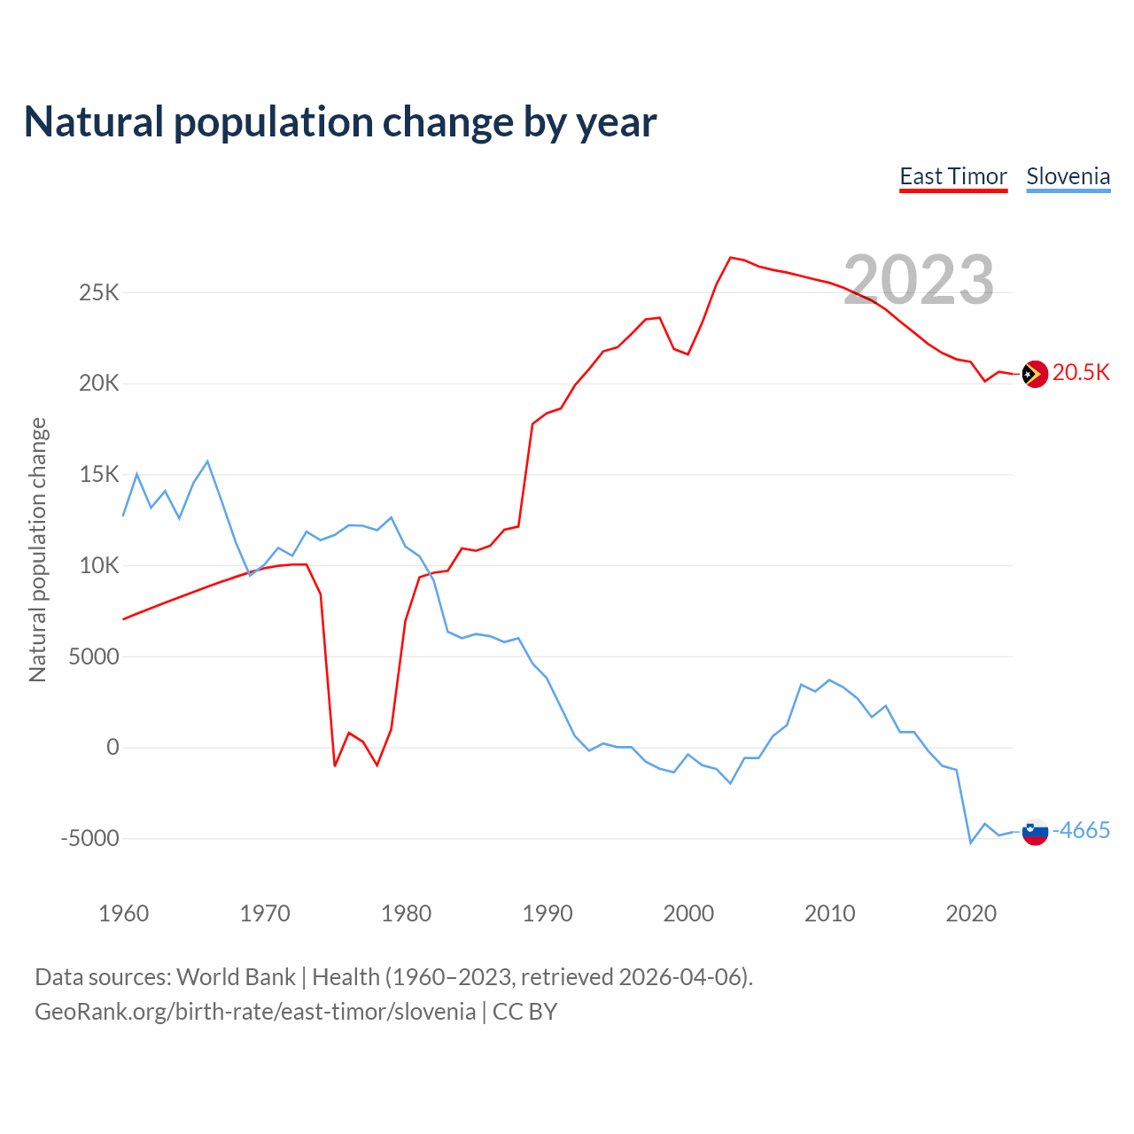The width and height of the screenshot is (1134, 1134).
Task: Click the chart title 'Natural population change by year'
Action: pos(340,122)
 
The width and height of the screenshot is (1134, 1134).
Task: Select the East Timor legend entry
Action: pos(953,177)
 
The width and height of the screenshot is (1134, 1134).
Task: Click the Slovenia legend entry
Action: pos(1068,177)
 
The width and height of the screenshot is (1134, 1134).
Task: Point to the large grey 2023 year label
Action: pos(919,280)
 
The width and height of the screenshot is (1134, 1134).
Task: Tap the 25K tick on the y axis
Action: pos(98,292)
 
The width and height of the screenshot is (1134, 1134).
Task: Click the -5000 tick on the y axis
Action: pos(89,838)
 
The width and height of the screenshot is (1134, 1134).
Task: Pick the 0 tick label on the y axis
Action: pos(113,747)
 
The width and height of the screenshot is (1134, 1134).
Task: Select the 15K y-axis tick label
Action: pos(98,475)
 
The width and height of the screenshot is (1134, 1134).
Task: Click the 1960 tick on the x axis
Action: pos(124,913)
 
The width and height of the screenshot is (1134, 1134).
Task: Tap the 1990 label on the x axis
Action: pos(548,913)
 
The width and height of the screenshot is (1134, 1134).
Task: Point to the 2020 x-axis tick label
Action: pos(971,913)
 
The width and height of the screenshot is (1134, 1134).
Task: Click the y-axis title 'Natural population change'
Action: pos(38,549)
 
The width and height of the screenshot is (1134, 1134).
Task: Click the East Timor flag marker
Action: pos(1035,374)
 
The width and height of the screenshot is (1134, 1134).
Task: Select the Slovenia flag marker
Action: pos(1035,832)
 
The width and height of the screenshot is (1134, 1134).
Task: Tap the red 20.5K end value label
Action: pos(1081,372)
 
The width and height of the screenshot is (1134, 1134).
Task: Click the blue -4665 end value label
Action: pos(1081,830)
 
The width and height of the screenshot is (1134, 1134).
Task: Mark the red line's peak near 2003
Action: pos(731,258)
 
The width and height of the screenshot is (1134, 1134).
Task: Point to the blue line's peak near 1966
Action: pos(207,462)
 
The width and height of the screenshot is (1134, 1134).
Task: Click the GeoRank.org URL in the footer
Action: pos(255,1012)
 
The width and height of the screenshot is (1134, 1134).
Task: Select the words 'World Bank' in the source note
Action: pos(236,977)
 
